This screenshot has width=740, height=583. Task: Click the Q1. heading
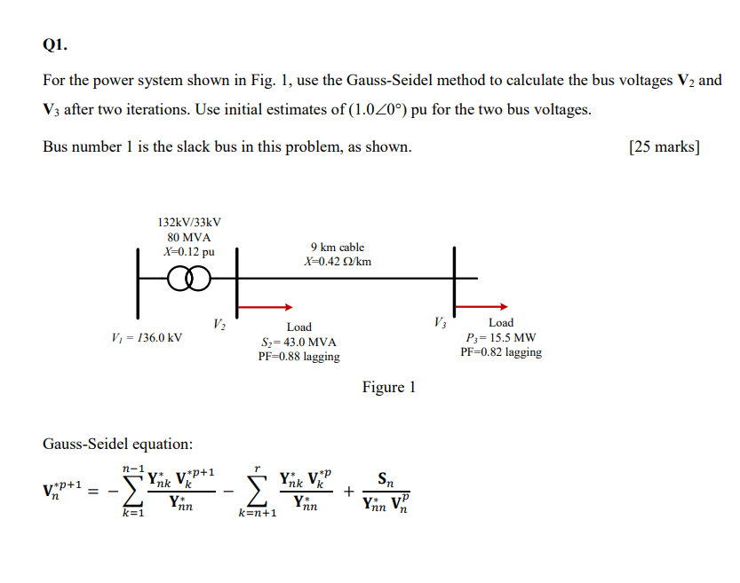54,43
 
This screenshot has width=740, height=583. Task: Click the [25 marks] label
663,146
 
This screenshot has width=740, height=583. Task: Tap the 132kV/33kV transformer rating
188,223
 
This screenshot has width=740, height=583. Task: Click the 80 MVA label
188,237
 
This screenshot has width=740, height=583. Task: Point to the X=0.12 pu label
188,251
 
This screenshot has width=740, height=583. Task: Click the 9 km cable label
337,247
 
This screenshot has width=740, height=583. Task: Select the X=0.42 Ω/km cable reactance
337,262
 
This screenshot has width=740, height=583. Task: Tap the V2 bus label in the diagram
220,324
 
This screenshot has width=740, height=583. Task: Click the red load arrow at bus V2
266,307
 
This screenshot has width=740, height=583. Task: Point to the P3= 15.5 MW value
500,338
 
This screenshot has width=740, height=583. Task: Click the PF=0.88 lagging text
298,357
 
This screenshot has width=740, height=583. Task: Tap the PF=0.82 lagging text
500,352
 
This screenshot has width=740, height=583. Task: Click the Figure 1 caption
388,387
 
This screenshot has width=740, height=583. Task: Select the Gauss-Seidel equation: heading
117,443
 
